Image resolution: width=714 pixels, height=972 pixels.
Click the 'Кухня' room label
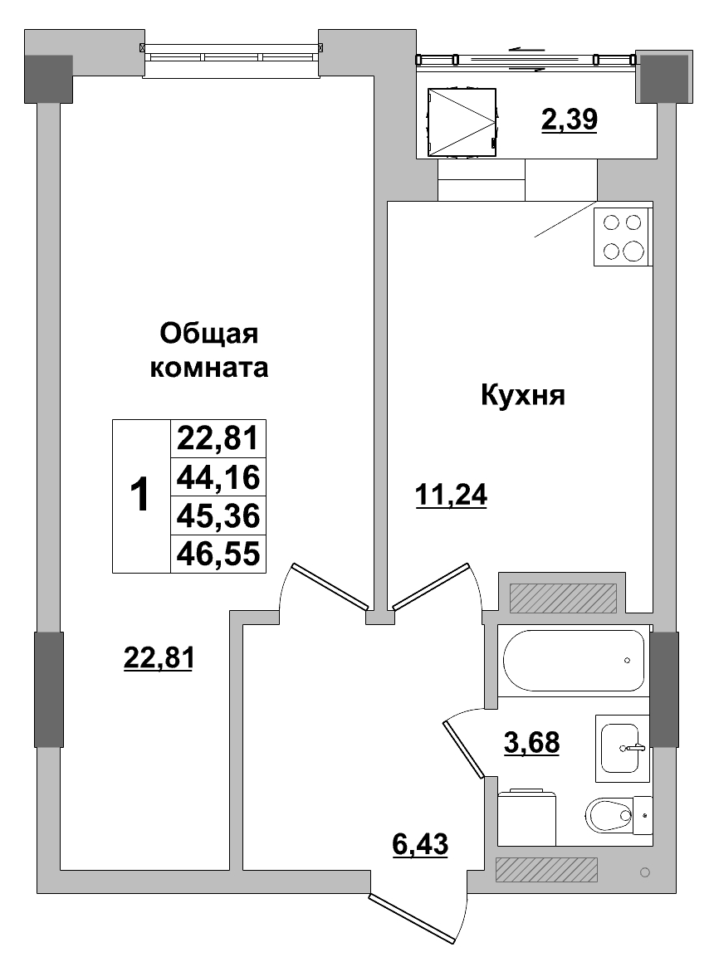pyautogui.click(x=522, y=396)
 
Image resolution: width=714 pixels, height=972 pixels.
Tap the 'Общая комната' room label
pyautogui.click(x=209, y=350)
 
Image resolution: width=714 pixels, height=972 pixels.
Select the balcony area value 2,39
pyautogui.click(x=570, y=121)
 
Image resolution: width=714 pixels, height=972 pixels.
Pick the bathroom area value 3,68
pyautogui.click(x=532, y=741)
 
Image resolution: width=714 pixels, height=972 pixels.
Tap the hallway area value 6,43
pyautogui.click(x=420, y=845)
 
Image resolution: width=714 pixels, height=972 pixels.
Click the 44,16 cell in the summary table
pyautogui.click(x=218, y=477)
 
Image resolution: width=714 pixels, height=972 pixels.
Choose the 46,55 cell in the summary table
pyautogui.click(x=218, y=554)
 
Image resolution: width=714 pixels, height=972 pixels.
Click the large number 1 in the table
pyautogui.click(x=141, y=496)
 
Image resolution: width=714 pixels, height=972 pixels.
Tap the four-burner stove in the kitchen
pyautogui.click(x=623, y=237)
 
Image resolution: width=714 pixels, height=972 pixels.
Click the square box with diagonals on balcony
pyautogui.click(x=461, y=122)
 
